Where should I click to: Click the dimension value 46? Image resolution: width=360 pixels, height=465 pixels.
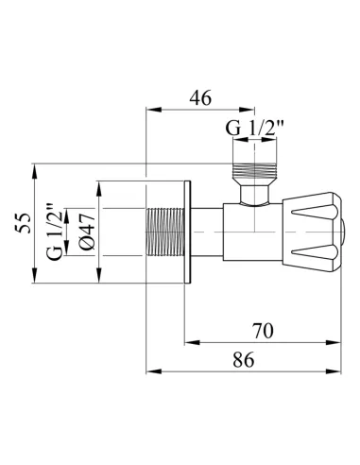(200, 98)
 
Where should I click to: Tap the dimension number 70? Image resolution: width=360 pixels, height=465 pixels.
(263, 331)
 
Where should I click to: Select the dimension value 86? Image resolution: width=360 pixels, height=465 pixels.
(244, 359)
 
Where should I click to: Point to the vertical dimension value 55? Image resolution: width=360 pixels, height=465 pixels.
(24, 223)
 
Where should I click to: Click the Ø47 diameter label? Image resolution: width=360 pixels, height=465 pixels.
(86, 232)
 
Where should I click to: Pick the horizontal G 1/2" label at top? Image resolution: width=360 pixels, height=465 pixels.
(254, 128)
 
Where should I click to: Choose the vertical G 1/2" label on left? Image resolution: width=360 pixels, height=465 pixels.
(54, 232)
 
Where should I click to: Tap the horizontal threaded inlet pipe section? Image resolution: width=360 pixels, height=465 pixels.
(165, 232)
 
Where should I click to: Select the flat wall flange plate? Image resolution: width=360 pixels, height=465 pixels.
(188, 232)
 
